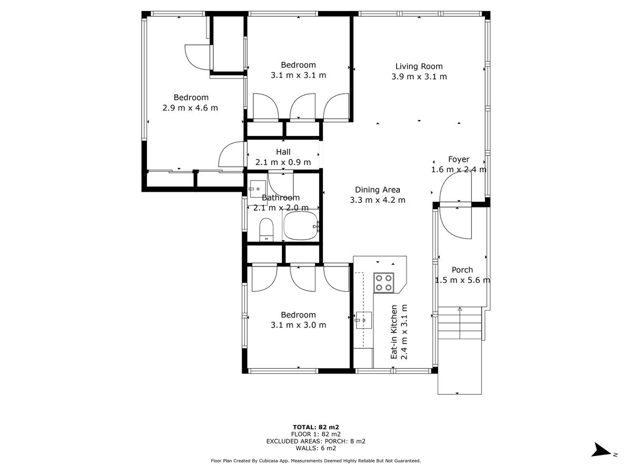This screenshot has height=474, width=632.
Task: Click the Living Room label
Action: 419,66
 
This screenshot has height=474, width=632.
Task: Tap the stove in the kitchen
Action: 383,283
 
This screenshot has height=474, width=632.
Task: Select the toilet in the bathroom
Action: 266,230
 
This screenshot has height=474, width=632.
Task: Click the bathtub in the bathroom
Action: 301,226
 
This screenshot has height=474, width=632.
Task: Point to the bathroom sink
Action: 258,189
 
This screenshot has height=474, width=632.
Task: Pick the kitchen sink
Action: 363,320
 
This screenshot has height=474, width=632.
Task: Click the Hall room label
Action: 283,152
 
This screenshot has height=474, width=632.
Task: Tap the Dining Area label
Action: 378,190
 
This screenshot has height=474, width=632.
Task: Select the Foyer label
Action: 459,159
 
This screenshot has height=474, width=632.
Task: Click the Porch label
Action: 462,270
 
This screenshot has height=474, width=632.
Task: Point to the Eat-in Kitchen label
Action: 394,332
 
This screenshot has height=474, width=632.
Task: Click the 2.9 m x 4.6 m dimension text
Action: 190,108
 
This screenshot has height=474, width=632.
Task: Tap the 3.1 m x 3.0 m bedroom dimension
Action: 298,325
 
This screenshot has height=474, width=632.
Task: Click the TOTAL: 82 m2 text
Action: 316,427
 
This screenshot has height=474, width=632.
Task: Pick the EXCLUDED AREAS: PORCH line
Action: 316,441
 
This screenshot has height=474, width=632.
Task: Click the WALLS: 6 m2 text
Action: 316,448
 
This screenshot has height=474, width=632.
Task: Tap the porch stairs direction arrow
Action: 460,323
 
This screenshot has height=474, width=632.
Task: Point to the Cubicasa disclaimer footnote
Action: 316,461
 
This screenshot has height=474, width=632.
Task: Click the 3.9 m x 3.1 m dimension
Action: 419,77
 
